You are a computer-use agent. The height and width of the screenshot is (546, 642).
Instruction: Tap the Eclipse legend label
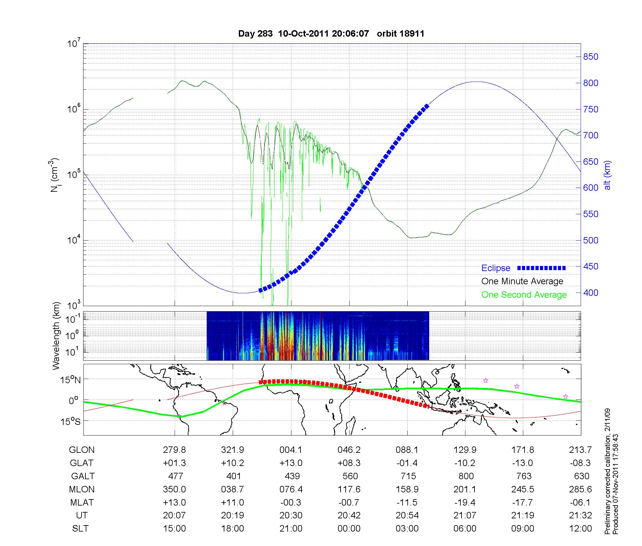(x=496, y=268)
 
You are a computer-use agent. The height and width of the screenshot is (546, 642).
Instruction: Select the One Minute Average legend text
(x=522, y=281)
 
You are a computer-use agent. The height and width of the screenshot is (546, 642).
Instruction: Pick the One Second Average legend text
(x=524, y=295)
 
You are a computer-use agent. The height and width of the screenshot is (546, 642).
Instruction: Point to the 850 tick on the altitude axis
(x=591, y=57)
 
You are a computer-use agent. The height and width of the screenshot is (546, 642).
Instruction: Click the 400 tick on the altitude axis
(x=591, y=293)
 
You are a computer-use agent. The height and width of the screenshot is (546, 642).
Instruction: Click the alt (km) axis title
(x=607, y=175)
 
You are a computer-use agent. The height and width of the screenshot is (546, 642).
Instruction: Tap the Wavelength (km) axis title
(x=56, y=336)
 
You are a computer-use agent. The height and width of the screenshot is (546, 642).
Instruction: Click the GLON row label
(x=82, y=450)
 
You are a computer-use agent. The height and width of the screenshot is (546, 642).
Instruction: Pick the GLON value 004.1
(x=291, y=450)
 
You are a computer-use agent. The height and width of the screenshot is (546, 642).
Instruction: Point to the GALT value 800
(x=466, y=476)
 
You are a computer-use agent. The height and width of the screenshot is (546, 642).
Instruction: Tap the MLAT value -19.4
(x=465, y=502)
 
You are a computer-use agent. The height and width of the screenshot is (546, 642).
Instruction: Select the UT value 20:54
(x=407, y=515)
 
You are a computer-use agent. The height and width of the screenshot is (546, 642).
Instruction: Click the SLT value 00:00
(x=349, y=529)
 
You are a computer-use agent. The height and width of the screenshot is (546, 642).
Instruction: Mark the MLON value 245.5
(x=523, y=489)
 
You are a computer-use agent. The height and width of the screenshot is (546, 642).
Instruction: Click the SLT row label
(x=80, y=529)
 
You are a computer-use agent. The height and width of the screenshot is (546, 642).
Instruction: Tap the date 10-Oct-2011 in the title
(x=304, y=34)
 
